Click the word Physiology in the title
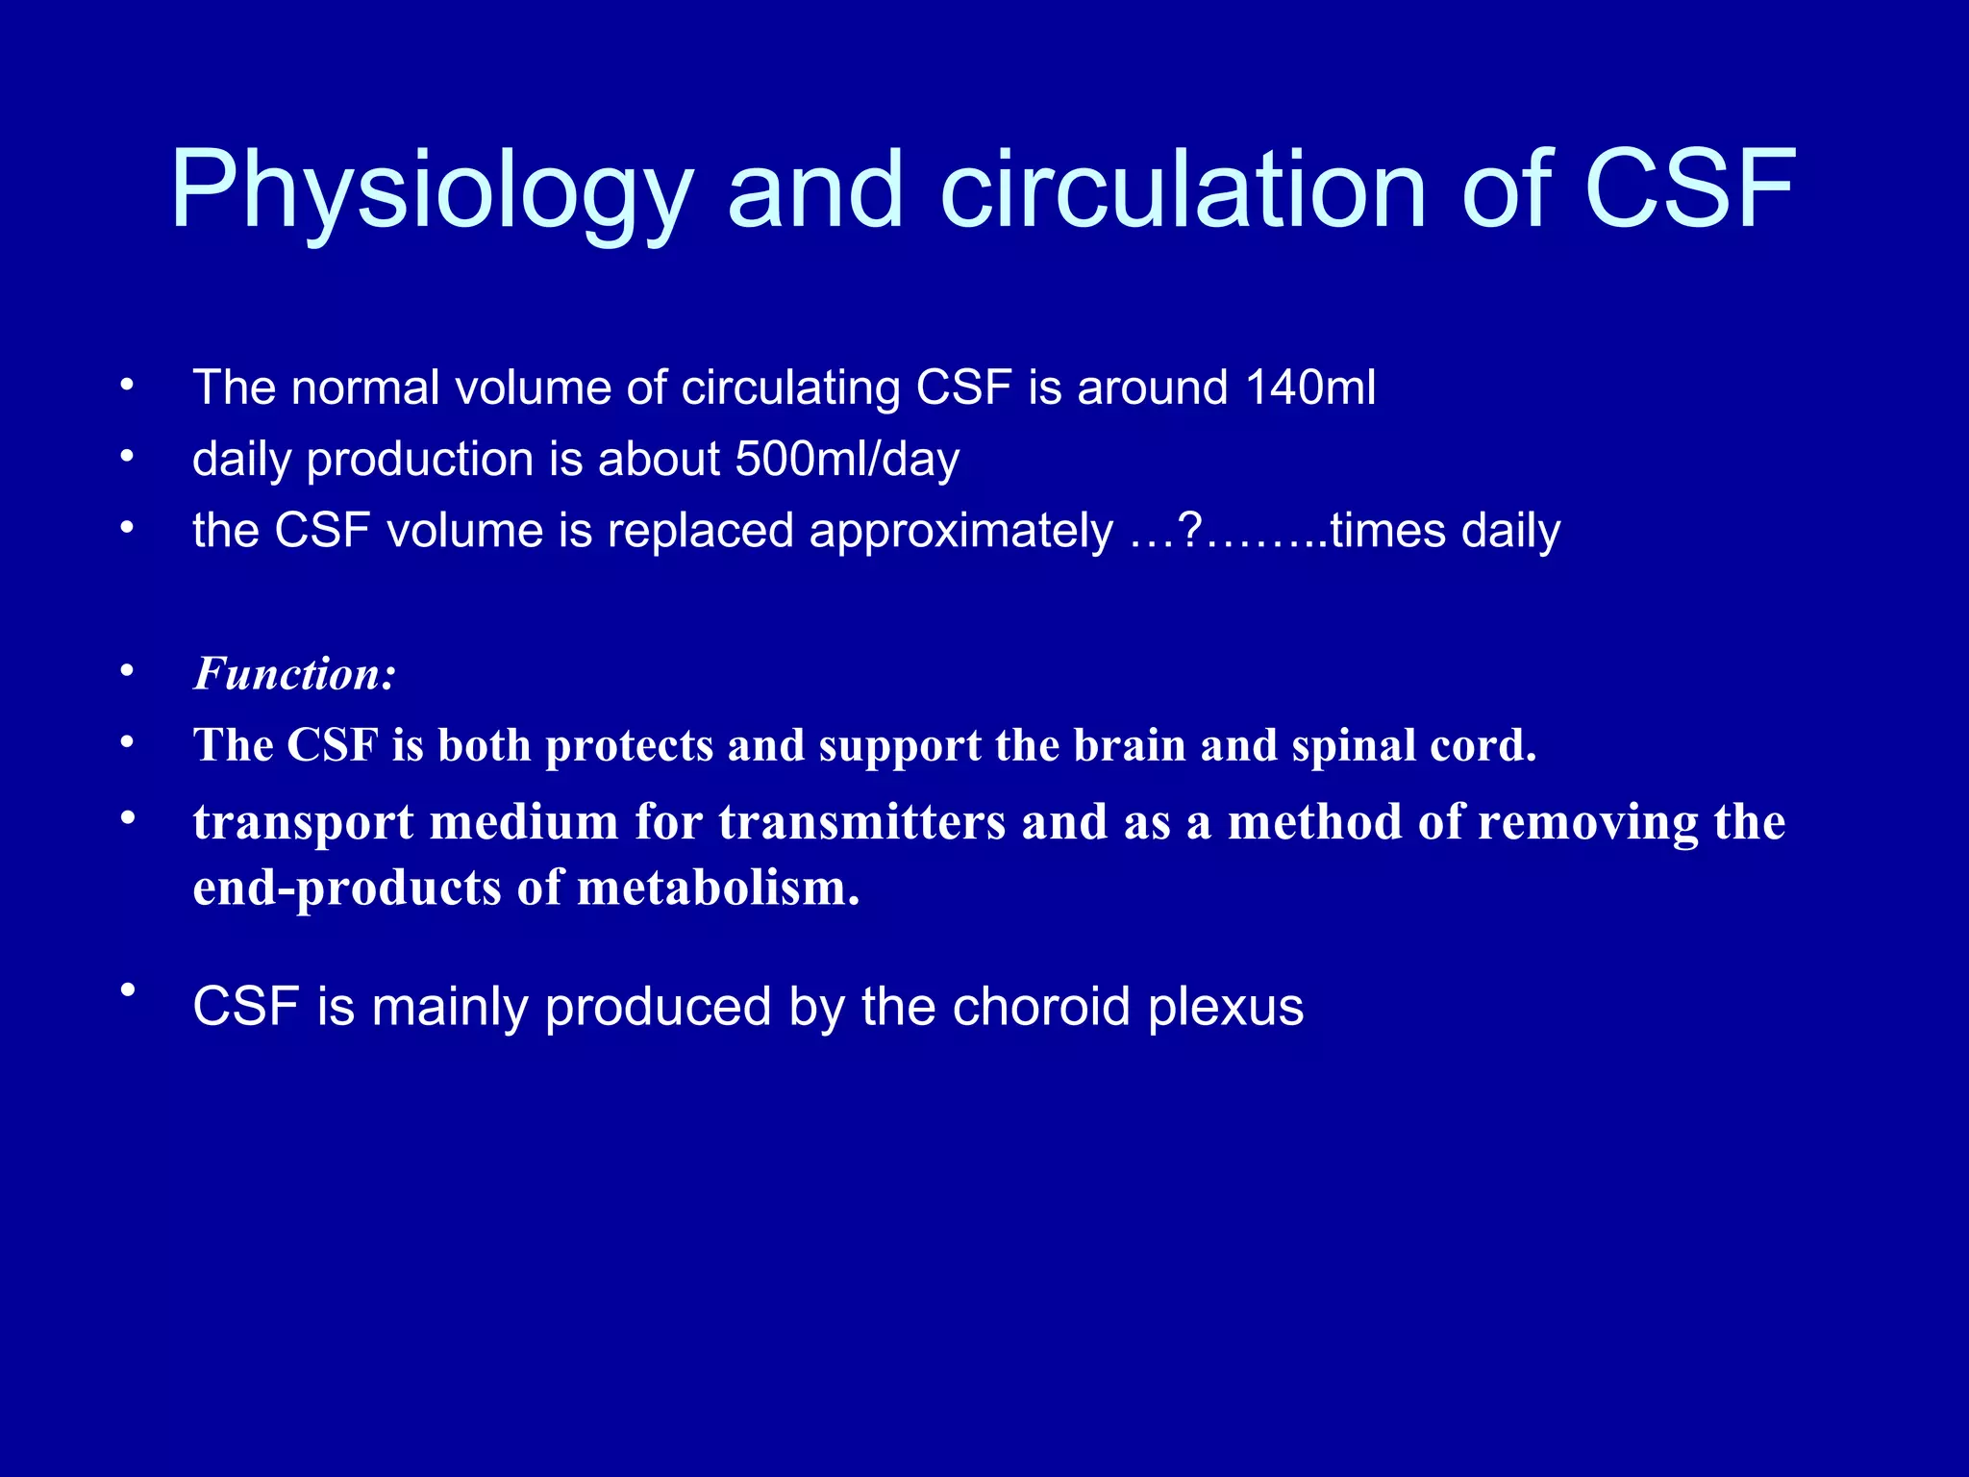click(431, 192)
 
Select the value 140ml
click(1309, 388)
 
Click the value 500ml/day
click(847, 460)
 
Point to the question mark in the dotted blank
click(1190, 531)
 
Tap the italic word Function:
click(294, 674)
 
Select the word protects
click(630, 746)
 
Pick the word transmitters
click(861, 823)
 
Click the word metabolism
click(717, 889)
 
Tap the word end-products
click(347, 889)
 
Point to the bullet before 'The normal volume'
click(127, 386)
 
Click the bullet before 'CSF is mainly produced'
click(127, 989)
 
